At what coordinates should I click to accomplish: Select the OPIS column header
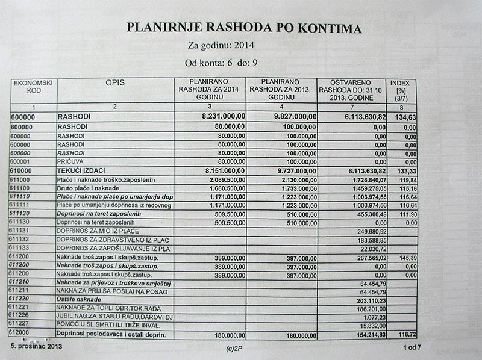point(114,82)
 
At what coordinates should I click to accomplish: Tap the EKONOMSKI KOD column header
point(34,86)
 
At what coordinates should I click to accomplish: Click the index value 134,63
point(402,117)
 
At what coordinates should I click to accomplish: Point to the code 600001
point(24,163)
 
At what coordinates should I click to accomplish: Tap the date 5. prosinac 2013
point(36,348)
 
